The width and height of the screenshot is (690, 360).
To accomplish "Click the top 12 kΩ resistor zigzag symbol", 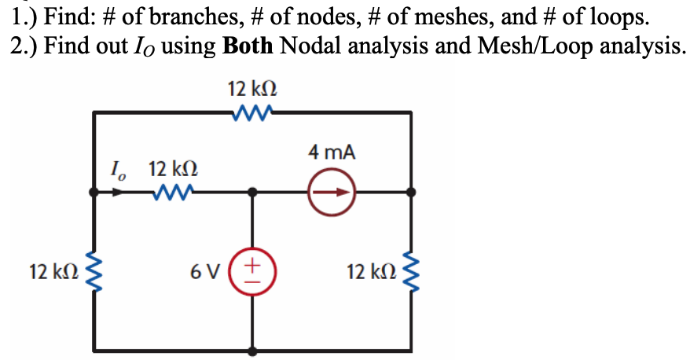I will click(252, 114).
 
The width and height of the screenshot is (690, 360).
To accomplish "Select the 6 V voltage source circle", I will click(252, 272).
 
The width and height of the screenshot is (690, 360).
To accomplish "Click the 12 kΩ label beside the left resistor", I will click(53, 273).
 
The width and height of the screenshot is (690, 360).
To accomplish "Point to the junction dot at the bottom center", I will click(252, 351).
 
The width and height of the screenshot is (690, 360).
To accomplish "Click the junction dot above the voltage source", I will click(252, 191).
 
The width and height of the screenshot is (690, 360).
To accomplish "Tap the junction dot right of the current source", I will click(410, 191).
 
